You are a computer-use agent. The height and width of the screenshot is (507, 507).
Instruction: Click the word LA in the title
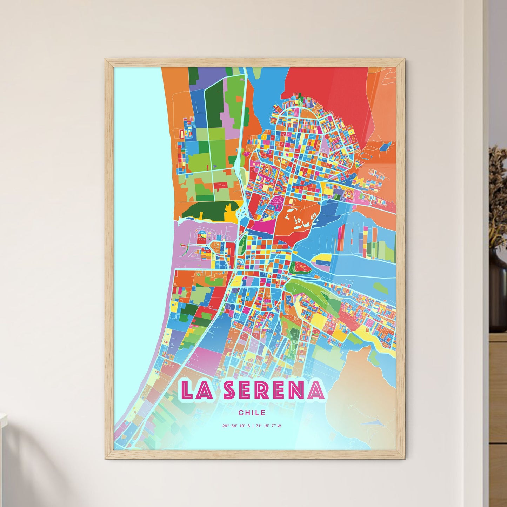tap(196, 390)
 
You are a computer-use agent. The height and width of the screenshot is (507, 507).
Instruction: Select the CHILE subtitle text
tap(252, 413)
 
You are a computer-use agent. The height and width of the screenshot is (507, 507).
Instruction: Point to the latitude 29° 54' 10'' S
tap(236, 426)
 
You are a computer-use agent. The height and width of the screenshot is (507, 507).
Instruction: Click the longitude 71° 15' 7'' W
tap(269, 426)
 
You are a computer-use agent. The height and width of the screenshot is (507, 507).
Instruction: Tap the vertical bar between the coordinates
tap(253, 426)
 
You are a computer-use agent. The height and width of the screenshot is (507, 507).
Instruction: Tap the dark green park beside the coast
tap(204, 211)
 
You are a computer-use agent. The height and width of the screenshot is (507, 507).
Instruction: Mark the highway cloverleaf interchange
tap(241, 213)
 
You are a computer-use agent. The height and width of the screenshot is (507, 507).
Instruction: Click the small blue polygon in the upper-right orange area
tap(386, 146)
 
